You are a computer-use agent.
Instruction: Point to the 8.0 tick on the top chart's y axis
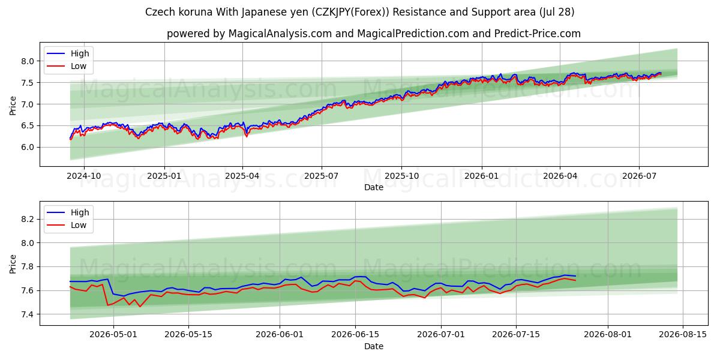[28, 61]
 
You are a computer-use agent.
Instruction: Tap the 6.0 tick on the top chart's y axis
[28, 147]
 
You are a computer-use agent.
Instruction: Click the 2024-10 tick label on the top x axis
[84, 176]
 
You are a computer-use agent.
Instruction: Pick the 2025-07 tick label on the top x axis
[322, 176]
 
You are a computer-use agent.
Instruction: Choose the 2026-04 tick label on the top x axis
[560, 176]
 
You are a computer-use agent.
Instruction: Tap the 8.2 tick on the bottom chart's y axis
[28, 219]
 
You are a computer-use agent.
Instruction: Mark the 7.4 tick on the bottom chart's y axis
[28, 314]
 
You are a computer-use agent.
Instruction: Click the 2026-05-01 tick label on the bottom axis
[113, 334]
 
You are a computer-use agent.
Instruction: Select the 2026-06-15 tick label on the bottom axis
[355, 334]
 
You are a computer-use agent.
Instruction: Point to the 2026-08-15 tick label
[683, 334]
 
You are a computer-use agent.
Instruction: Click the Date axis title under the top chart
[373, 187]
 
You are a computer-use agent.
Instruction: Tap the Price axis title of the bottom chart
[13, 264]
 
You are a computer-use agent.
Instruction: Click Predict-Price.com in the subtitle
[538, 34]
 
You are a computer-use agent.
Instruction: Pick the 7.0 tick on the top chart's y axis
[28, 104]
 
